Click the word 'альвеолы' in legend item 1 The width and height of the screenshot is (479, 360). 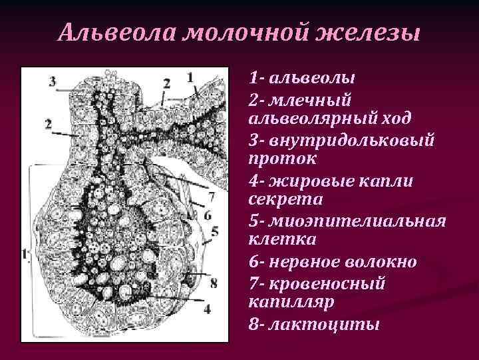(x=312, y=77)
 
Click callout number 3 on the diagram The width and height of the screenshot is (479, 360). (x=52, y=81)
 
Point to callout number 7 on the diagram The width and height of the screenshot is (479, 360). (x=211, y=197)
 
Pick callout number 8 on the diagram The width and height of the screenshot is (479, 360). (x=213, y=283)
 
